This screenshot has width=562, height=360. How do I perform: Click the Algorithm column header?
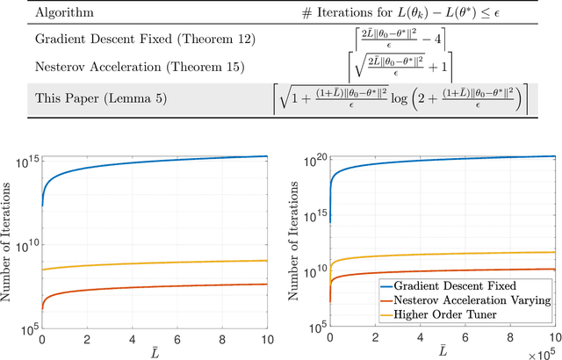61,12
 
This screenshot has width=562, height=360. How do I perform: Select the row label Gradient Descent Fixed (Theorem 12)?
127,40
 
